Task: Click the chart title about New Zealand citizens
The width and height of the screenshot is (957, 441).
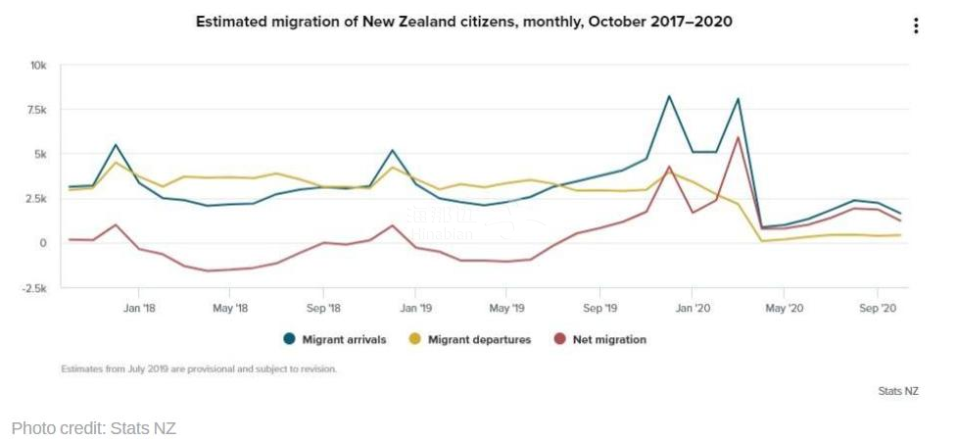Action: click(463, 22)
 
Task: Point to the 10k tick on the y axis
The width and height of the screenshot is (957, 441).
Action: click(38, 66)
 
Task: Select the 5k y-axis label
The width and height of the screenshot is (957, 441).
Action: click(40, 154)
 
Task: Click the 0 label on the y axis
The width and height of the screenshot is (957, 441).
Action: click(43, 243)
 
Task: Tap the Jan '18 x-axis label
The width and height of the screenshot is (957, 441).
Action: click(138, 308)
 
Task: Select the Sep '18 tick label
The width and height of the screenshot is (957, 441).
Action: click(322, 308)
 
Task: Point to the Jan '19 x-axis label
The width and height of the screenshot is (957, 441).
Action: click(414, 308)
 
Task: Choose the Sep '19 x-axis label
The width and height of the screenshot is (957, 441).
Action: click(599, 308)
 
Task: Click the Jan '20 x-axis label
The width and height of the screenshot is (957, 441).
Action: click(692, 308)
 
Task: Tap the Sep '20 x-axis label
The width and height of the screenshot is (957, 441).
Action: click(877, 308)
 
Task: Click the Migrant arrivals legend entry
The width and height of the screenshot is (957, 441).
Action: click(335, 339)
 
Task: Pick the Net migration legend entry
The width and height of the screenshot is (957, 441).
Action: click(600, 339)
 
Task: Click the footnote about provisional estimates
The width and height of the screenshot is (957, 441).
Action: click(199, 369)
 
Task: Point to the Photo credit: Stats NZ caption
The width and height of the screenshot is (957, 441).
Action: click(94, 427)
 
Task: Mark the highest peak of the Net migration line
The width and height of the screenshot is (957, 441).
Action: click(738, 136)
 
